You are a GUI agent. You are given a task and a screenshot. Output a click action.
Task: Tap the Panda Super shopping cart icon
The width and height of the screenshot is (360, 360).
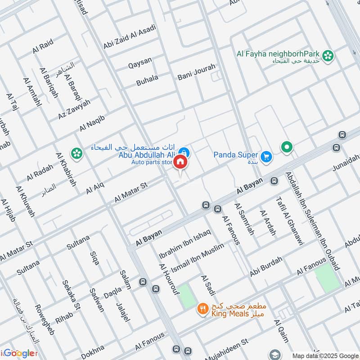tap(267, 156)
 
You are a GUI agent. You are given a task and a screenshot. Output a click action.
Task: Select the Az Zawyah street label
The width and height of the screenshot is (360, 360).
tap(75, 109)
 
